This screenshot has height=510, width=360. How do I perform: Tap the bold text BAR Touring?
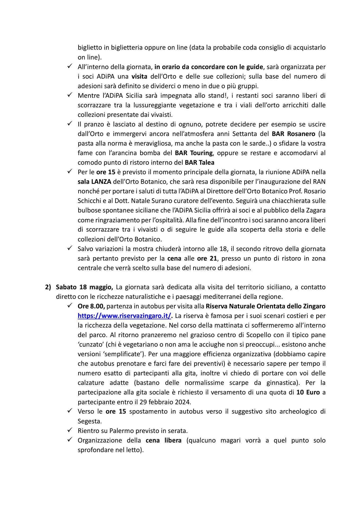194,153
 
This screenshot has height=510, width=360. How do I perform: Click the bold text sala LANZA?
94,182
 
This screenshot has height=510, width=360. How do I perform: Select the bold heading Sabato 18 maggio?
85,287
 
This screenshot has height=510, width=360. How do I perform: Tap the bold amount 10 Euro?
308,392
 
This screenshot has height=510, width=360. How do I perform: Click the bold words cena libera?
164,440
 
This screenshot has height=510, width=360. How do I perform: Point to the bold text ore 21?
207,258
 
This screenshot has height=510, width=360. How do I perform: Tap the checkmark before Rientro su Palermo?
70,430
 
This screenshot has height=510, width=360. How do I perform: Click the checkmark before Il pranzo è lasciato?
70,124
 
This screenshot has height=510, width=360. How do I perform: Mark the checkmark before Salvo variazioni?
70,248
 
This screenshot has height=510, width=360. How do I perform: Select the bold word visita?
139,76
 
